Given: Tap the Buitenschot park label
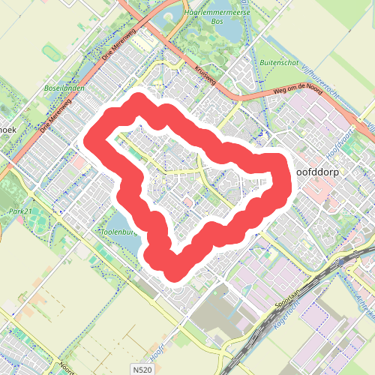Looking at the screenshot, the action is [280, 62].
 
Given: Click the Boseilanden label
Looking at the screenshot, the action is [64, 88].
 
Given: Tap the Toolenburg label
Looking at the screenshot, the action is [117, 232].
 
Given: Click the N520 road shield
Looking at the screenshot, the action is [142, 370].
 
